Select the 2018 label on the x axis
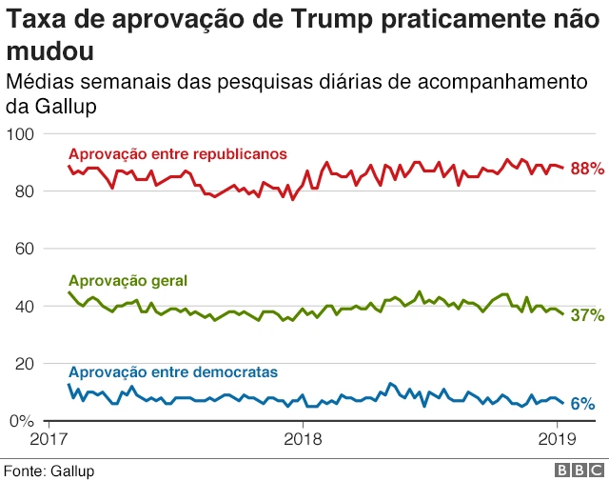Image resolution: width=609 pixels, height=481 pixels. (x=303, y=439)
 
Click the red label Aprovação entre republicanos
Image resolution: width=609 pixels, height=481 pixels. (x=178, y=153)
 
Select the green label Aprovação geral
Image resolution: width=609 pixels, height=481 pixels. (x=128, y=280)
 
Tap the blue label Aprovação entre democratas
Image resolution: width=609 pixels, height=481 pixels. (x=173, y=371)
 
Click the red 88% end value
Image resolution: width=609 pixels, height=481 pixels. (x=587, y=169)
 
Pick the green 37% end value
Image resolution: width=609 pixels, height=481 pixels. (x=587, y=315)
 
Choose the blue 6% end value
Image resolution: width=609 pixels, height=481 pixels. (x=582, y=404)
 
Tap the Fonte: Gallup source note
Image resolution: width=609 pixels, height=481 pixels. (x=49, y=471)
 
